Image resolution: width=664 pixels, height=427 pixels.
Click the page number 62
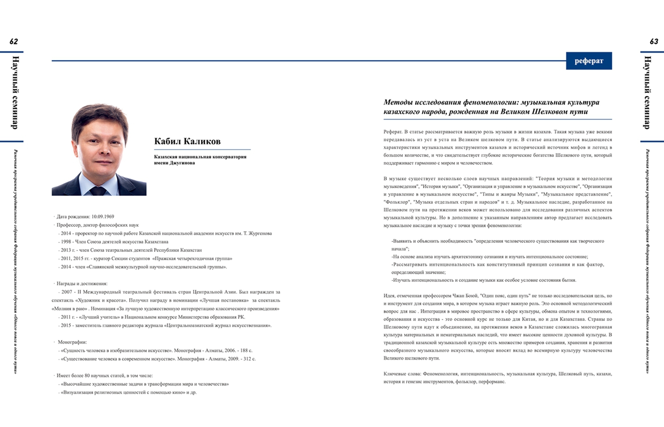(14, 42)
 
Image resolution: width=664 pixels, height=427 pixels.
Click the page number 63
(653, 42)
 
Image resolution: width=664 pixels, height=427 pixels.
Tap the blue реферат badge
(589, 61)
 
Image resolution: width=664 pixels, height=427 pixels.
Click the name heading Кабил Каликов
(187, 141)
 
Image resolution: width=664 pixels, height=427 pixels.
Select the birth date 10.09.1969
(103, 217)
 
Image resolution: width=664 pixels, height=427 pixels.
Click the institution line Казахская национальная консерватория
(200, 156)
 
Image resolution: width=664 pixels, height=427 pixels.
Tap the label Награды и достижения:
(82, 283)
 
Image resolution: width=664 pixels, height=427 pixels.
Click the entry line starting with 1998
(115, 242)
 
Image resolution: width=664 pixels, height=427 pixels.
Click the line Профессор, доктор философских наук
(97, 225)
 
